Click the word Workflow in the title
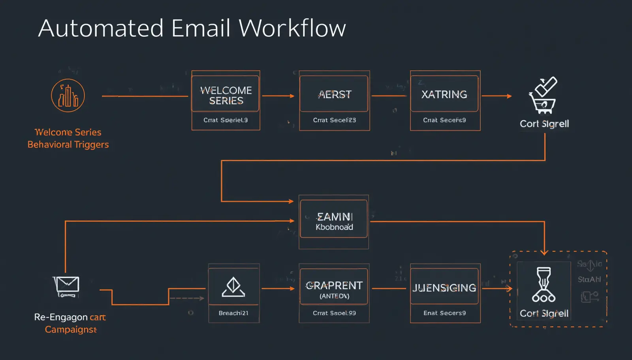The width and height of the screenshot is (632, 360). click(292, 28)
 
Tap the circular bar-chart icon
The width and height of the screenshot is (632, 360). click(68, 96)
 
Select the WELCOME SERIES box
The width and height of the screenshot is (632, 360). click(226, 95)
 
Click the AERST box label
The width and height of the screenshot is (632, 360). click(335, 95)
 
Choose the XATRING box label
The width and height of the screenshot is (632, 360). click(444, 94)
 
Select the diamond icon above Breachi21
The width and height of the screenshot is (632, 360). click(233, 287)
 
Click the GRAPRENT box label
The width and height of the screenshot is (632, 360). click(334, 285)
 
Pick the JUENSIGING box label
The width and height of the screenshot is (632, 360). click(444, 288)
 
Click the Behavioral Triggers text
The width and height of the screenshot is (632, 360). click(68, 144)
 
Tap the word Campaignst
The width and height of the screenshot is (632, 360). click(71, 330)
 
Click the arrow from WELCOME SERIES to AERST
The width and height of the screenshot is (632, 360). click(278, 96)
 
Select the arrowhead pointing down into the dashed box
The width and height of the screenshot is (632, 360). click(544, 251)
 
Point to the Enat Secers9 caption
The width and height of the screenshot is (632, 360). click(444, 313)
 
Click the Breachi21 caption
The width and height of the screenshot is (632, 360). click(233, 313)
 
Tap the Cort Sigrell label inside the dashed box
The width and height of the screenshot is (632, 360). click(544, 313)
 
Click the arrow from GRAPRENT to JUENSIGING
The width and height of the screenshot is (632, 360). click(389, 289)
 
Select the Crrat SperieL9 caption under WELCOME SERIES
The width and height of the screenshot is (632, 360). click(226, 120)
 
